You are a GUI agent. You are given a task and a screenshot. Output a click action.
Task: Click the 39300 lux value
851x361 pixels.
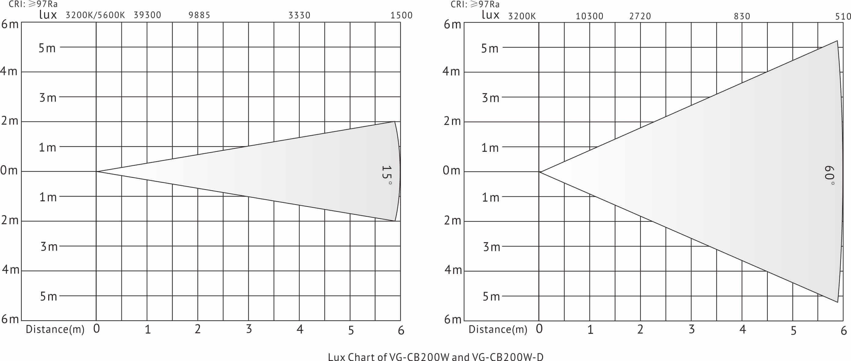point(147,15)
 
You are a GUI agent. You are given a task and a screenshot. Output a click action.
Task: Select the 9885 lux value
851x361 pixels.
point(199,15)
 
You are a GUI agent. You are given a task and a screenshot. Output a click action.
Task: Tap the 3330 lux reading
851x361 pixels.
point(299,15)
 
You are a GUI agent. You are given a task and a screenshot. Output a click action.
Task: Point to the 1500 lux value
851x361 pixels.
point(401,15)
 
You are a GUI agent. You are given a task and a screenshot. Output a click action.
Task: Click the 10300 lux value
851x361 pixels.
point(589,16)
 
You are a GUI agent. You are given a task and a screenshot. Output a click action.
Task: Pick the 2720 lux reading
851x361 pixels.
point(640,16)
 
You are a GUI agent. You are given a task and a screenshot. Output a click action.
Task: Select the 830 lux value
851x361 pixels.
point(742,16)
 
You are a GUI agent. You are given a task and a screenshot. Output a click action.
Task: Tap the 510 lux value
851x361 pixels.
point(843,16)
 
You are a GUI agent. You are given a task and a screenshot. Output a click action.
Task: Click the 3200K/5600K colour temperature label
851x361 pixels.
point(95,15)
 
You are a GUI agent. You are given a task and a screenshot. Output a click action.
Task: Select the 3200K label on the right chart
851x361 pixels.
point(522,16)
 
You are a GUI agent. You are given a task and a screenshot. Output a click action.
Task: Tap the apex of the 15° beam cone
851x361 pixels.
point(97,171)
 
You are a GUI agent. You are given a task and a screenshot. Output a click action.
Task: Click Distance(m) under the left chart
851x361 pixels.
point(55,329)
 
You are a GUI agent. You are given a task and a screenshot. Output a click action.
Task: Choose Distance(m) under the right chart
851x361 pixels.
point(498,329)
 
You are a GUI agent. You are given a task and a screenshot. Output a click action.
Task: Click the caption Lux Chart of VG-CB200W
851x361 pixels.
point(435,357)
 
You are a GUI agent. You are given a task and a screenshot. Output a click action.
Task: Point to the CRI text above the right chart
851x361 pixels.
point(475,4)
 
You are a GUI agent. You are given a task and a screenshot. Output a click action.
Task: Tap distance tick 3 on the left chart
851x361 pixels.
point(249,329)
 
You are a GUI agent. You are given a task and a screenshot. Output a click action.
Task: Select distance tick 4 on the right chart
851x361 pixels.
point(743,329)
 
